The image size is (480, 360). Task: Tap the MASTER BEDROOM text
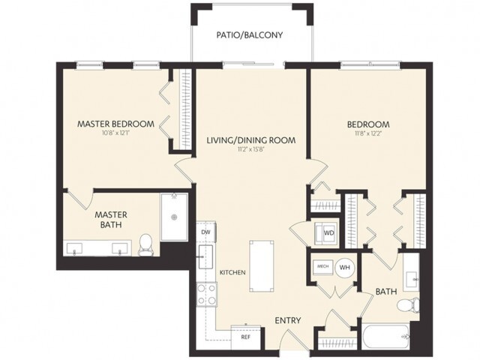(116, 124)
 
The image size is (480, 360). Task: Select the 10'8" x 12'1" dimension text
(116, 135)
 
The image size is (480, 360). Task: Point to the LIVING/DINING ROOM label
(250, 139)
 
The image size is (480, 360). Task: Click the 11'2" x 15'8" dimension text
(250, 150)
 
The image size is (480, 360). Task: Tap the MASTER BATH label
(109, 219)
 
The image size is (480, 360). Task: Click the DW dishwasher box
(205, 233)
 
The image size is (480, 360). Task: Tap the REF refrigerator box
(244, 337)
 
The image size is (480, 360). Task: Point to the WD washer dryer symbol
(328, 232)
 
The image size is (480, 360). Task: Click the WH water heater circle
(346, 266)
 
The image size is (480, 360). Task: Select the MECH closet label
(323, 266)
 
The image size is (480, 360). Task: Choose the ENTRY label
(287, 320)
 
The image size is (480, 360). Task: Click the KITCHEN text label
(233, 272)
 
